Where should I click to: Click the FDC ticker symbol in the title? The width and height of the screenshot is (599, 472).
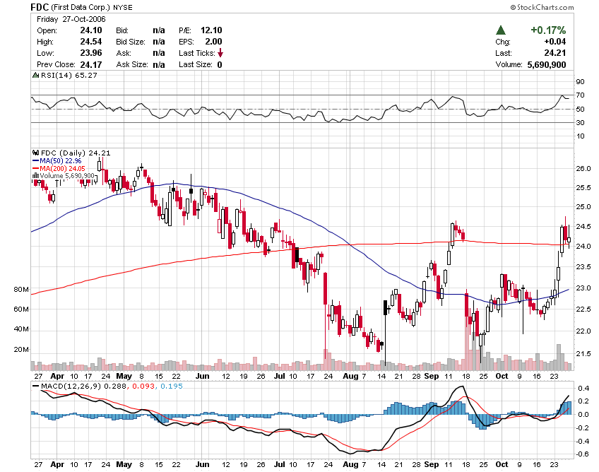pos(40,6)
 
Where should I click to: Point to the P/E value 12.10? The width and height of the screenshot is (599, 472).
pos(211,30)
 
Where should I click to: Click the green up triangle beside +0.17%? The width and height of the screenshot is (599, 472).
pos(501,30)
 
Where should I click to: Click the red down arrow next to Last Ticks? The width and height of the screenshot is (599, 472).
pos(220,53)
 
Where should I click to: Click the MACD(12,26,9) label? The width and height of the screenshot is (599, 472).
pos(66,386)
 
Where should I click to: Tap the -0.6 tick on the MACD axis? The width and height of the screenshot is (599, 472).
pos(583,454)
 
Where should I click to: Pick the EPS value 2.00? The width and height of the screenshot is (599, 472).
pos(213,42)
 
